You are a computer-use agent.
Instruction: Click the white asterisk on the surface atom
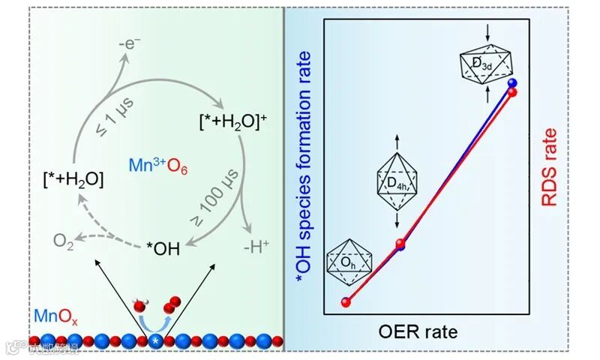point(155,342)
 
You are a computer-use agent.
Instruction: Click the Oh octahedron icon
point(346,260)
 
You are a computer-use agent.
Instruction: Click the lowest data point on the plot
point(346,302)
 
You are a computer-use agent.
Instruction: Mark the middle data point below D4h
point(400,244)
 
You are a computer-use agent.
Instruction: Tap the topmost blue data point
point(512,83)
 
